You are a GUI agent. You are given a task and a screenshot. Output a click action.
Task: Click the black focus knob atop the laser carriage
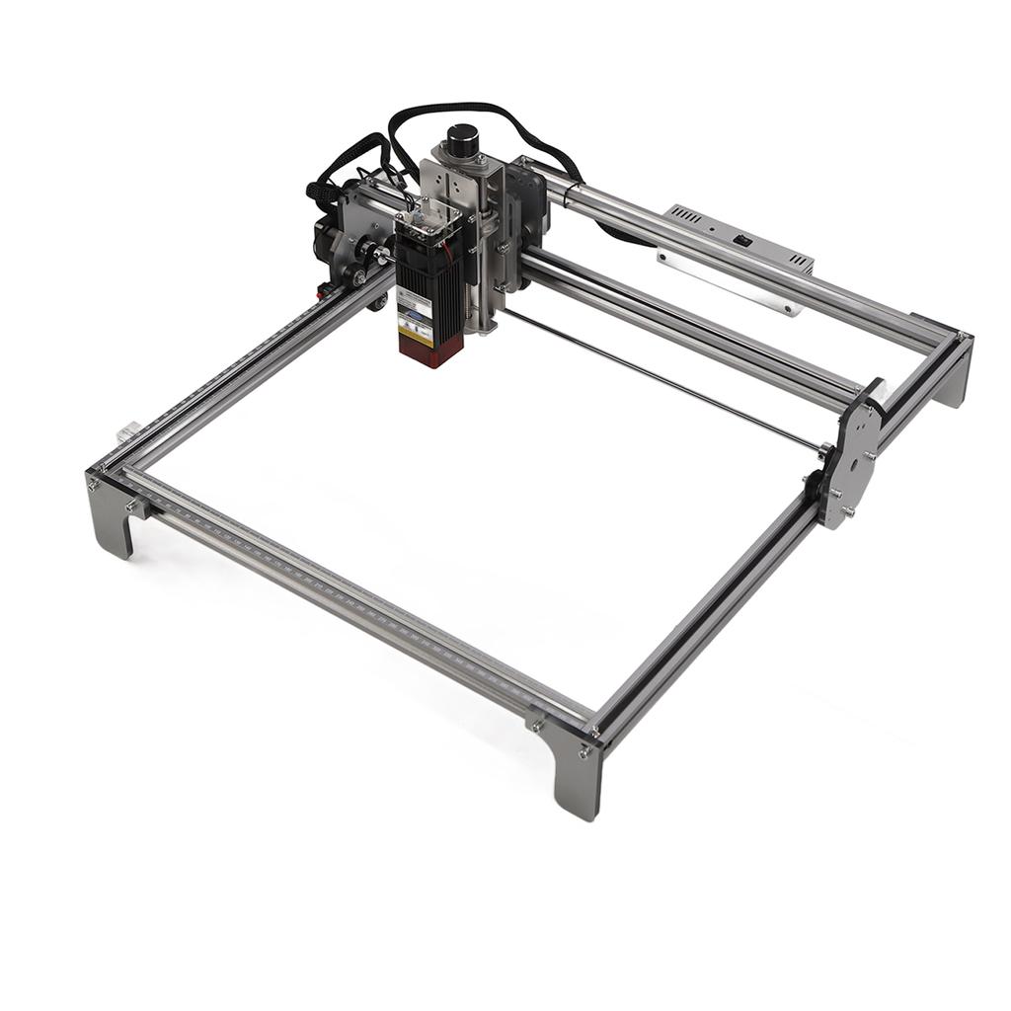click(461, 140)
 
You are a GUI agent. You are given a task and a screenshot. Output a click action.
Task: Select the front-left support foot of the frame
click(111, 517)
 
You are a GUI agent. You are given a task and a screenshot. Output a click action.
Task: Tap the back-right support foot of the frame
click(953, 379)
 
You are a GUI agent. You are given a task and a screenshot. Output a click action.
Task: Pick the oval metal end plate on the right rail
click(851, 460)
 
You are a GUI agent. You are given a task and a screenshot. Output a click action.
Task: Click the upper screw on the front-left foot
click(95, 484)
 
